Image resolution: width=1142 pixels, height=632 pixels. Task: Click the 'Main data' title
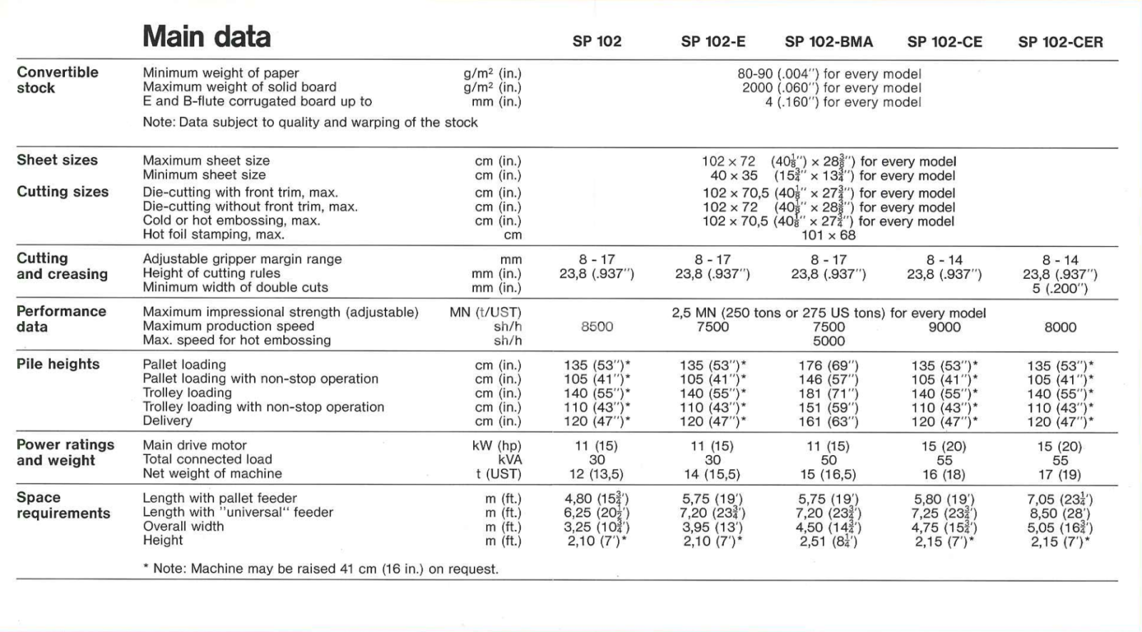click(x=206, y=37)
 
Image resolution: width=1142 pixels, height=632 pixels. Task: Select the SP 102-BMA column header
click(x=829, y=41)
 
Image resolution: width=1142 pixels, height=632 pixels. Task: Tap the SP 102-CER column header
click(x=1060, y=42)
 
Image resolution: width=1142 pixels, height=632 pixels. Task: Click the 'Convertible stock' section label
click(x=57, y=80)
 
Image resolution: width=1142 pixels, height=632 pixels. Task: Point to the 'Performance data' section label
click(x=61, y=319)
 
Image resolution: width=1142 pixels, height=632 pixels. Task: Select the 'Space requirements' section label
click(x=63, y=505)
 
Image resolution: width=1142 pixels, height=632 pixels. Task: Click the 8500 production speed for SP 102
click(x=597, y=327)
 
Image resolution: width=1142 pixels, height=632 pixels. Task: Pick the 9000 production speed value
click(x=944, y=327)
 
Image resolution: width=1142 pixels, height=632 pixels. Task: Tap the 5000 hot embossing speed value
click(x=829, y=341)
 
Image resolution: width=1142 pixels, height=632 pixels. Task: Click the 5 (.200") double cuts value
click(x=1060, y=288)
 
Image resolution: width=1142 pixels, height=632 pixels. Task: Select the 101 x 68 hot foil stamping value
click(x=828, y=235)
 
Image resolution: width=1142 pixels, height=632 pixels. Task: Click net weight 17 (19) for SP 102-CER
click(x=1060, y=474)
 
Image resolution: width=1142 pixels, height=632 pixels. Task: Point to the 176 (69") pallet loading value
click(x=829, y=365)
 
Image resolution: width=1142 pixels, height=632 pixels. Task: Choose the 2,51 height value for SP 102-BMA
click(x=829, y=541)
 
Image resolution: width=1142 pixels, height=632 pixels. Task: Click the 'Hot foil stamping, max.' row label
click(x=213, y=235)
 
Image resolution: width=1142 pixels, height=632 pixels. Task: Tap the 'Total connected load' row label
click(x=207, y=459)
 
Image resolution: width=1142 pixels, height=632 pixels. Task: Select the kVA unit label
click(x=510, y=460)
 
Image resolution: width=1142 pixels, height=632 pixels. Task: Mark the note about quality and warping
click(x=310, y=122)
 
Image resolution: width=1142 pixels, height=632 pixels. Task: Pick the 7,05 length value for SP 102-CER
click(x=1060, y=499)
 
